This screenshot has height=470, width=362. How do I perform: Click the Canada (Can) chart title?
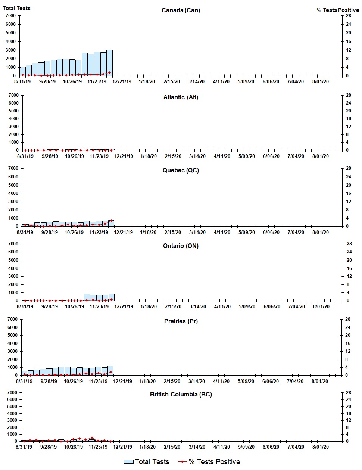point(181,10)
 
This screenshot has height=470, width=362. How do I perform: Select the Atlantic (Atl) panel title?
point(181,97)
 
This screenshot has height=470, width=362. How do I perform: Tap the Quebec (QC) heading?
point(181,170)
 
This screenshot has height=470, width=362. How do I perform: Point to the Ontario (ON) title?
point(181,246)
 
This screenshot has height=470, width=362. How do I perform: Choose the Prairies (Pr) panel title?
point(181,321)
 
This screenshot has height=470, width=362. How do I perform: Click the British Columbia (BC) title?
point(181,394)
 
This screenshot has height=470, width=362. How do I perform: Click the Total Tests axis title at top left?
point(17,8)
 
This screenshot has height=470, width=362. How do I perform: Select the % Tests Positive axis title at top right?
point(338,10)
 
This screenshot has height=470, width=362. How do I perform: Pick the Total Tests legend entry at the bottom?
point(147,462)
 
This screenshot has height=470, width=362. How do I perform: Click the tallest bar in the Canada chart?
point(109,63)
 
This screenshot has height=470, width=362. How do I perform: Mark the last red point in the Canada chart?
point(109,72)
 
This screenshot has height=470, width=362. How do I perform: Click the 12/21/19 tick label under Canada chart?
point(122,81)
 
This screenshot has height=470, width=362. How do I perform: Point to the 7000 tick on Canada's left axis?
point(10,16)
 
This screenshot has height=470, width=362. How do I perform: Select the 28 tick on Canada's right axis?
point(348,16)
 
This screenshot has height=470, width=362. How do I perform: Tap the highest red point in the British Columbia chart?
point(92,438)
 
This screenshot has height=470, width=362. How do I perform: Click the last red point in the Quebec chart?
point(111,220)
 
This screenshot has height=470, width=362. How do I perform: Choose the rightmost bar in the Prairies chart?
point(110,370)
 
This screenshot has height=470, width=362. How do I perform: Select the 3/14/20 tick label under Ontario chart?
point(197,306)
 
